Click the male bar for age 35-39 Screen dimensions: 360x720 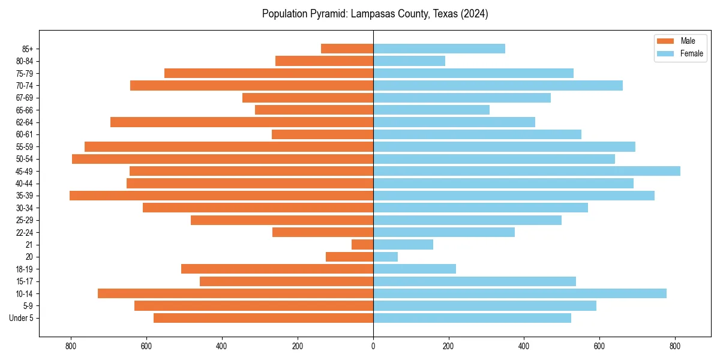(221, 196)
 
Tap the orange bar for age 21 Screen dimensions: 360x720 (362, 245)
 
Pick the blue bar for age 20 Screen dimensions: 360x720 (385, 257)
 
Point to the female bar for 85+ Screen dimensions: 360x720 (439, 49)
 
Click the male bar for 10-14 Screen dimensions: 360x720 (235, 293)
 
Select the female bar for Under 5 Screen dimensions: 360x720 (472, 318)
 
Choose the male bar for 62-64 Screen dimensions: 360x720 (242, 122)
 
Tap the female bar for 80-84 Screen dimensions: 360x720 (409, 61)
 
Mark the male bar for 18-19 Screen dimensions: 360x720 (277, 269)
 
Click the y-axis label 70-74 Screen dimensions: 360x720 (25, 86)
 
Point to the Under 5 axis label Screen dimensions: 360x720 (22, 318)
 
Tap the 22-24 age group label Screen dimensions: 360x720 (25, 232)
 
